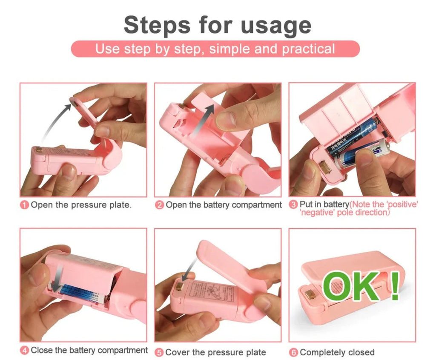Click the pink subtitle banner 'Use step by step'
pyautogui.click(x=215, y=49)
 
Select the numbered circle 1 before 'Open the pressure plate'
pyautogui.click(x=25, y=205)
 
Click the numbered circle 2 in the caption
pyautogui.click(x=159, y=205)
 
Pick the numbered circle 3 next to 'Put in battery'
pyautogui.click(x=293, y=205)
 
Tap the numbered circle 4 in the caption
pyautogui.click(x=25, y=351)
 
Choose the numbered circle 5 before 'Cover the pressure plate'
pyautogui.click(x=159, y=352)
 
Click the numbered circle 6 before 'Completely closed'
pyautogui.click(x=293, y=352)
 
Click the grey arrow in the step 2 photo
pyautogui.click(x=203, y=121)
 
